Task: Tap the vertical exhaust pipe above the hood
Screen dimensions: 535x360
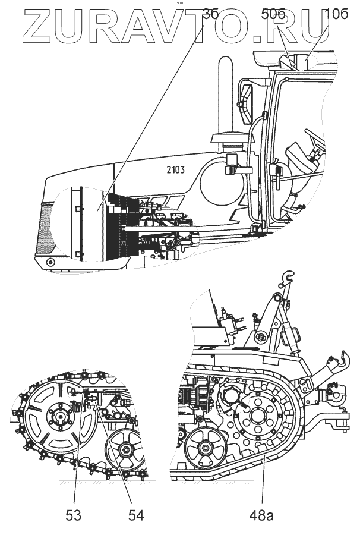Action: pos(224,95)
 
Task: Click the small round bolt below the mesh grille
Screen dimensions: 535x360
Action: pos(50,262)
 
